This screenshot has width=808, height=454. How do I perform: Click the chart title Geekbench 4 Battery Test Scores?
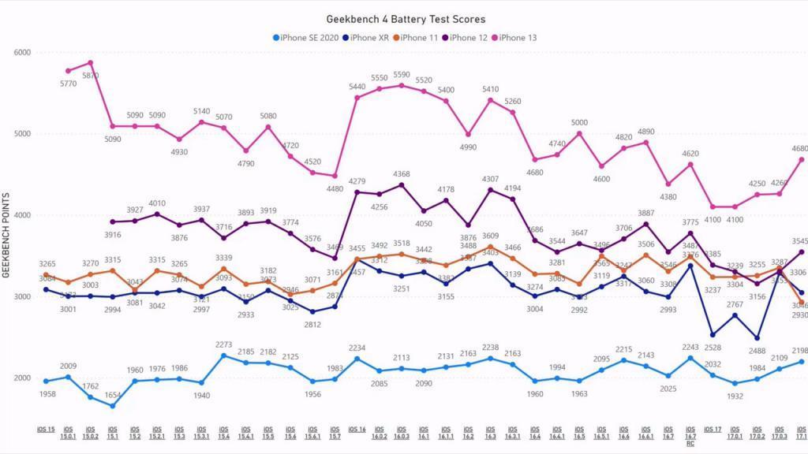click(x=406, y=19)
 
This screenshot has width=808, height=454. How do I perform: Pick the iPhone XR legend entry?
click(x=369, y=37)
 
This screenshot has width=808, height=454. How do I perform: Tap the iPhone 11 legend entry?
click(x=420, y=37)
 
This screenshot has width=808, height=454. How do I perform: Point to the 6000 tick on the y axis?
click(x=22, y=53)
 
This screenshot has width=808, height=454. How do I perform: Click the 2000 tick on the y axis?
click(x=22, y=378)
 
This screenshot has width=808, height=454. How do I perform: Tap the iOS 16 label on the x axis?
click(x=357, y=430)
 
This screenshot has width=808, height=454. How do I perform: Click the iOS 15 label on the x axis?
click(x=46, y=430)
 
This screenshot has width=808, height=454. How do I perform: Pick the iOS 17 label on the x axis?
click(x=713, y=430)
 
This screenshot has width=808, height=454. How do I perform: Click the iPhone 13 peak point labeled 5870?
click(x=90, y=63)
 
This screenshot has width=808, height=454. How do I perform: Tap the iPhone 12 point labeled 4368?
click(x=402, y=185)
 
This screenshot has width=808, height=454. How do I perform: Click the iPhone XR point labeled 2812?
click(x=312, y=311)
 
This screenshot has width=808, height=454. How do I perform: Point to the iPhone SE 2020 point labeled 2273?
click(x=223, y=355)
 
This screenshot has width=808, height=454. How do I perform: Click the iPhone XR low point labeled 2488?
click(x=757, y=338)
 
